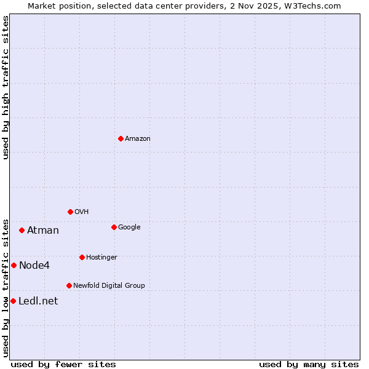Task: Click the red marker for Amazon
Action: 121,138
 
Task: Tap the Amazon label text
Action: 138,139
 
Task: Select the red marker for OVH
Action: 70,212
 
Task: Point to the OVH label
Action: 82,212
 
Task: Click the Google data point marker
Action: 114,227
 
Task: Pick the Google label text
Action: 129,228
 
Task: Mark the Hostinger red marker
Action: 82,257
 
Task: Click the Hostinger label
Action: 101,258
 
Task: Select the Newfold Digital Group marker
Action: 69,285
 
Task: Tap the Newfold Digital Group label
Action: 109,286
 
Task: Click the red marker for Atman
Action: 22,230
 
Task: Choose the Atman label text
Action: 43,231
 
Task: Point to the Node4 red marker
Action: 14,265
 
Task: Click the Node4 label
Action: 34,266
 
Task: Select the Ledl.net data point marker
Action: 13,301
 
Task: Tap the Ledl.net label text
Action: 38,301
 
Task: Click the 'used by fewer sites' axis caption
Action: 63,364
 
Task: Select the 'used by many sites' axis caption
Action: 309,364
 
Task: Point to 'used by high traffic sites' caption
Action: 6,87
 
